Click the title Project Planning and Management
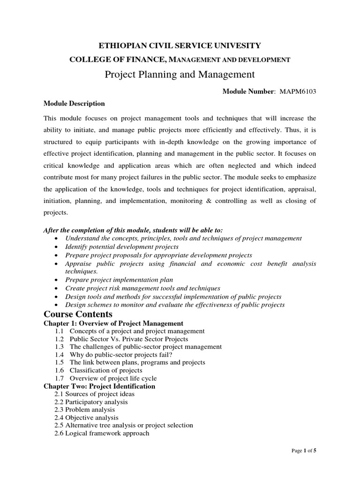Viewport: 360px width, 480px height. pyautogui.click(x=180, y=74)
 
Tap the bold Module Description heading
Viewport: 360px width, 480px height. pyautogui.click(x=74, y=103)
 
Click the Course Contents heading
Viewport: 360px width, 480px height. pyautogui.click(x=78, y=314)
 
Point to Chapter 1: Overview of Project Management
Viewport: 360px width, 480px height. pyautogui.click(x=113, y=323)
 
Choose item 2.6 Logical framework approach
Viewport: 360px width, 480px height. pyautogui.click(x=102, y=433)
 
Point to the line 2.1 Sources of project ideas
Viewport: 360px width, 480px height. pyautogui.click(x=95, y=394)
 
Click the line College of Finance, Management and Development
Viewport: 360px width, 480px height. pyautogui.click(x=180, y=60)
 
